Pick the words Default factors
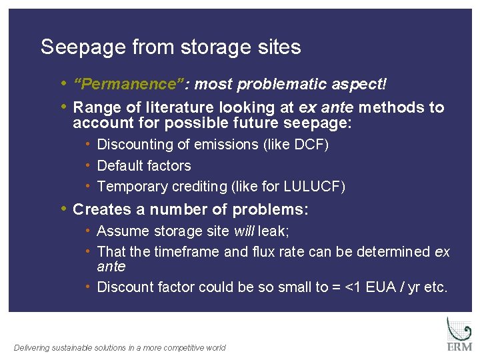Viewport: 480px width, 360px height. [x=144, y=165]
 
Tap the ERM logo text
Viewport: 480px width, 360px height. [x=459, y=347]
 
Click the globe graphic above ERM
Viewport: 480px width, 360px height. [x=459, y=329]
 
